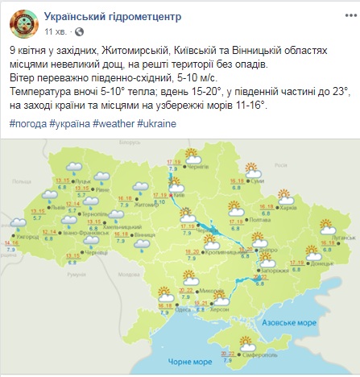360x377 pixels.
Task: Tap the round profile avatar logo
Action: pos(25,23)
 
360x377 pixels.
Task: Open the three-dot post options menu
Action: pos(345,17)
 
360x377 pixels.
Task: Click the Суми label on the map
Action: pos(258,181)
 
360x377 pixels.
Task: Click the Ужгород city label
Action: pos(27,238)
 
